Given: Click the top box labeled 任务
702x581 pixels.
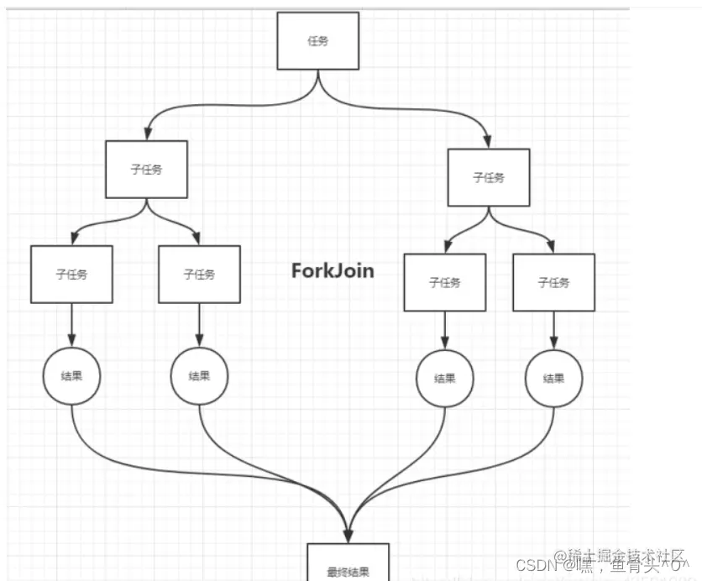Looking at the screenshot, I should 318,40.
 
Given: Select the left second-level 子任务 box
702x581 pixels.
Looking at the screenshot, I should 147,169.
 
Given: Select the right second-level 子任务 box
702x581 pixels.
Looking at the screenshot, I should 489,177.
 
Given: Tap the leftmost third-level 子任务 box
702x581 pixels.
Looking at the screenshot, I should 71,274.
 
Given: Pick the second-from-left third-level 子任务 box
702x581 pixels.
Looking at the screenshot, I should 199,274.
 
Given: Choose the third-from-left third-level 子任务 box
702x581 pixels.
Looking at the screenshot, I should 445,282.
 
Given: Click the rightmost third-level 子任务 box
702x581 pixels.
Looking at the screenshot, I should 553,282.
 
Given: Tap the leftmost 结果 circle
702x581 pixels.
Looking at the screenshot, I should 71,376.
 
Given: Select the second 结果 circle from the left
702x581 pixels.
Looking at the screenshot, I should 199,376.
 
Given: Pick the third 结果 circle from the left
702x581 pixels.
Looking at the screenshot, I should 445,379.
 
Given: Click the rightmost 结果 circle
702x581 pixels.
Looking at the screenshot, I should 553,379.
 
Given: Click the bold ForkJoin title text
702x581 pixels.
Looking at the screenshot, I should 333,270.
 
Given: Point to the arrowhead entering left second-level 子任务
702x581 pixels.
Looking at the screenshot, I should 147,134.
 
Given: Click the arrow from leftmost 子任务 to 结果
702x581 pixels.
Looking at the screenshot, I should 71,322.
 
